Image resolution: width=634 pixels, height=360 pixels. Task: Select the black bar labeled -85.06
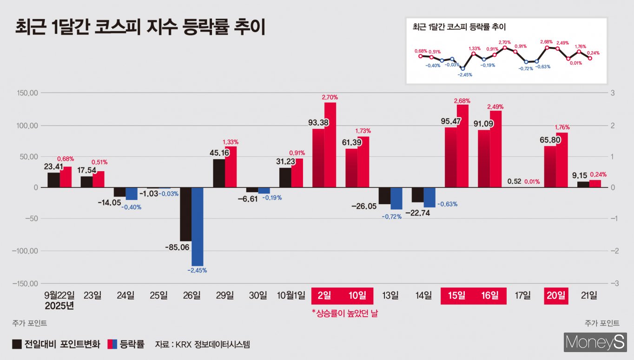pos(186,214)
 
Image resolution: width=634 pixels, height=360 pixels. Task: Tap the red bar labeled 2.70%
pos(330,145)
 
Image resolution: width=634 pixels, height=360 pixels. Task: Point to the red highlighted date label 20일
pos(556,295)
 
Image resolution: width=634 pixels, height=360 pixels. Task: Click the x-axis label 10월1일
pos(291,295)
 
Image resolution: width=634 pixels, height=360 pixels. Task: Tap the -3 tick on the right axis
pos(613,284)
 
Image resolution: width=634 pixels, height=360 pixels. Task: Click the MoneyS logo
pos(595,343)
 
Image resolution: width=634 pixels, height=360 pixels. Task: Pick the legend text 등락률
pos(132,345)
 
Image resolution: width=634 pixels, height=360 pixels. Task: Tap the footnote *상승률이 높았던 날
pos(344,313)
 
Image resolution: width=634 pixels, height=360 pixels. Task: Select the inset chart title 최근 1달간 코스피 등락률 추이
pos(459,27)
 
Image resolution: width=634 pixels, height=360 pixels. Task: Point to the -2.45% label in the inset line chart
pos(465,74)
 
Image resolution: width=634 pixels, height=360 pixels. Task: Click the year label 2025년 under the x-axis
pos(59,306)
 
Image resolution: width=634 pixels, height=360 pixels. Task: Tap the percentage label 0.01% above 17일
pos(532,182)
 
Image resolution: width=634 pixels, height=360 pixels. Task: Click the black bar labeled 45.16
pos(219,173)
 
